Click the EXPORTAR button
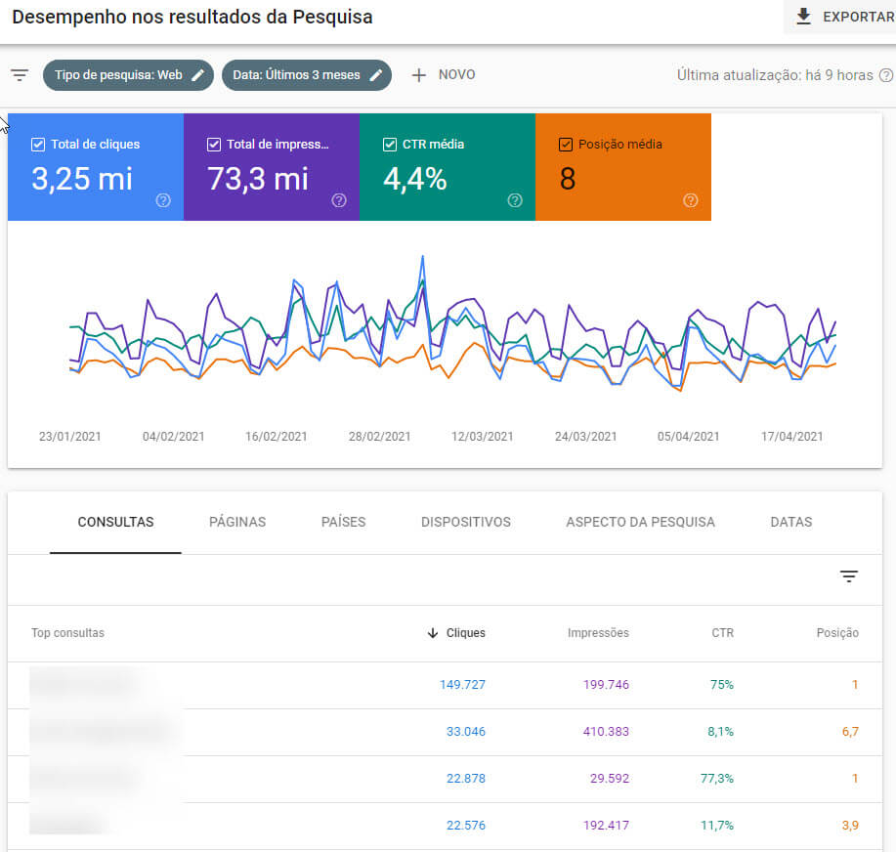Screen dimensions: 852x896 pos(843,17)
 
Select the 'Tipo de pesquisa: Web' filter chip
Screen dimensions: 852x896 pos(128,75)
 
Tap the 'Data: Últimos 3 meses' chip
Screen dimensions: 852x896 pos(306,75)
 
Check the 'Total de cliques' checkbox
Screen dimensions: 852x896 pos(38,145)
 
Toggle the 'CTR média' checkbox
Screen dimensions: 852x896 pos(390,145)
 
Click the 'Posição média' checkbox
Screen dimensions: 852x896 pos(566,145)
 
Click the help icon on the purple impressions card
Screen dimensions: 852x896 pos(339,200)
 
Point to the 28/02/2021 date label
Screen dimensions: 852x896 pos(379,437)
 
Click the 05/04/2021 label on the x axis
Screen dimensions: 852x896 pos(688,437)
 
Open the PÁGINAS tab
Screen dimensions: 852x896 pos(237,522)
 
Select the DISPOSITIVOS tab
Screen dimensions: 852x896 pos(466,522)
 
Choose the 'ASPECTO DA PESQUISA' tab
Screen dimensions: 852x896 pos(640,522)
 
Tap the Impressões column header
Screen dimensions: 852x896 pos(598,633)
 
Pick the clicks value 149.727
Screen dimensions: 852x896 pos(462,685)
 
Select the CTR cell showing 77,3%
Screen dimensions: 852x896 pos(717,779)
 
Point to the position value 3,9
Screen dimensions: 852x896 pos(850,826)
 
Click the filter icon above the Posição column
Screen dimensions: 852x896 pos(848,576)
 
